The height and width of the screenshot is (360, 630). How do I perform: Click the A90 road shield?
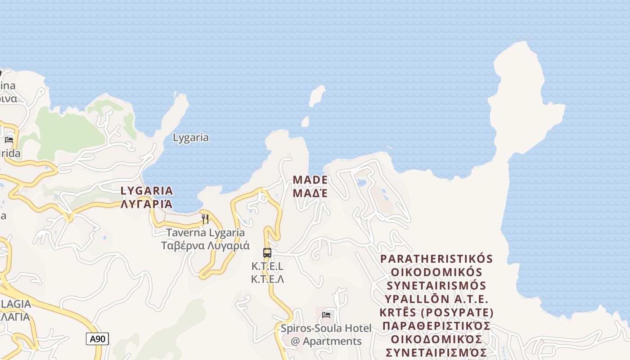tap(97, 339)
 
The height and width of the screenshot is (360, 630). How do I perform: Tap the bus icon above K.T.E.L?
tap(267, 252)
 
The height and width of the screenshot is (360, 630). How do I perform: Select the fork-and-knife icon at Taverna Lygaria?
tap(205, 219)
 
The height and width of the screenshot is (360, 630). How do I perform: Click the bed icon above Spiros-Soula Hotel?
tap(326, 315)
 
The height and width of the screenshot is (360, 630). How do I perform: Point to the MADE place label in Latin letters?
tap(310, 180)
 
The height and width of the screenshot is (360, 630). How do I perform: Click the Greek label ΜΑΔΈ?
tap(310, 193)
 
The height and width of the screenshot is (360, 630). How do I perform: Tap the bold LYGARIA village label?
tap(147, 191)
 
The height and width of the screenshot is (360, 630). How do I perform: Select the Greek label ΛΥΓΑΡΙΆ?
tap(147, 204)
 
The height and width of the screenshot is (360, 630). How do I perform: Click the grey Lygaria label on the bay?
tap(191, 137)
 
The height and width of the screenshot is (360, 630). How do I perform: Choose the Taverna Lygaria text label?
tap(206, 233)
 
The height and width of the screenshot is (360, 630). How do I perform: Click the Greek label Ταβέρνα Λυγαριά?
tap(206, 246)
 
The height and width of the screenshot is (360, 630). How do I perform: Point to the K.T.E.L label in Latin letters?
tap(267, 266)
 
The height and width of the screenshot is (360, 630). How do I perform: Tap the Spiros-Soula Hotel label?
tap(326, 328)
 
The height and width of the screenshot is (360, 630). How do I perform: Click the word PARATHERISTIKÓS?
tap(436, 259)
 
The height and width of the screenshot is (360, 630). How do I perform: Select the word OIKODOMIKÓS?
tap(436, 272)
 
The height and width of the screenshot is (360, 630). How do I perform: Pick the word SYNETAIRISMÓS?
tap(436, 286)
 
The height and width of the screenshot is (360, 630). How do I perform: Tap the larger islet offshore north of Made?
tap(317, 96)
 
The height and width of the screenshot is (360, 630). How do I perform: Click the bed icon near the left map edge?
tap(9, 139)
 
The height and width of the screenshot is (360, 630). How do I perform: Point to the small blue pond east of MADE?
tap(361, 182)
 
